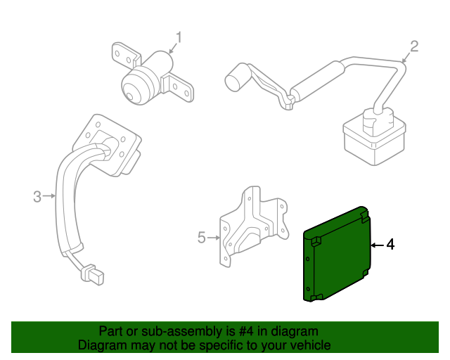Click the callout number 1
pyautogui.click(x=179, y=37)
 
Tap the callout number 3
pyautogui.click(x=37, y=197)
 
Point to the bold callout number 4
pyautogui.click(x=391, y=245)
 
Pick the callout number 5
pyautogui.click(x=202, y=238)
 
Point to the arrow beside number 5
pyautogui.click(x=214, y=238)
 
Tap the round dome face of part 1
pyautogui.click(x=134, y=89)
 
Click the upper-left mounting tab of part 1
pyautogui.click(x=120, y=52)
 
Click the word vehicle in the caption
pyautogui.click(x=309, y=345)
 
